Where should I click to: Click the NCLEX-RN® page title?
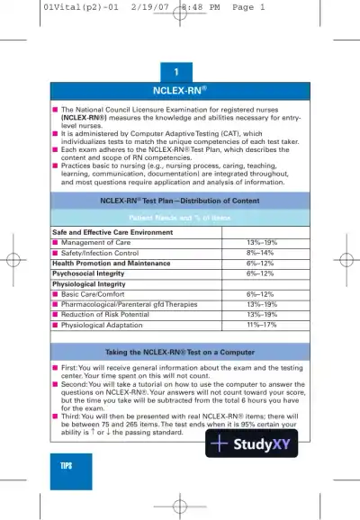180,91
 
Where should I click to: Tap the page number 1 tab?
180,72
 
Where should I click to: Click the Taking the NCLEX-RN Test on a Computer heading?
180,351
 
